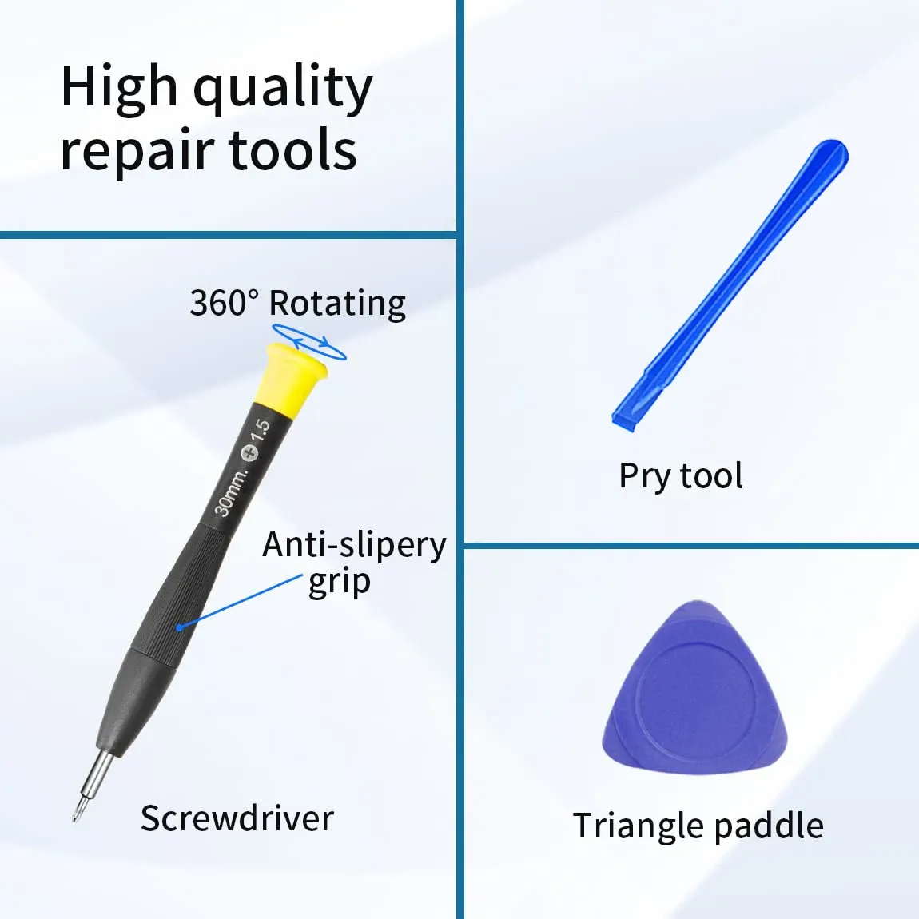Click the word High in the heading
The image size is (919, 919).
point(120,88)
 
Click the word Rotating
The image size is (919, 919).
point(337,304)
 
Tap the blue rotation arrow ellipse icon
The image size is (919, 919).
point(309,342)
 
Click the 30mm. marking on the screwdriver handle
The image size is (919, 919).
point(231,493)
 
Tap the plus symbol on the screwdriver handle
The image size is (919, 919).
point(250,453)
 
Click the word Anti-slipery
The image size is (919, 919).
point(354,545)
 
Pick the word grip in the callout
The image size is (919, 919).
point(340,582)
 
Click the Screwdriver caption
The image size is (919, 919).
point(237,818)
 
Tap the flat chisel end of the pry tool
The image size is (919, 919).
point(623,420)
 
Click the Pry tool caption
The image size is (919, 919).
point(681,475)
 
